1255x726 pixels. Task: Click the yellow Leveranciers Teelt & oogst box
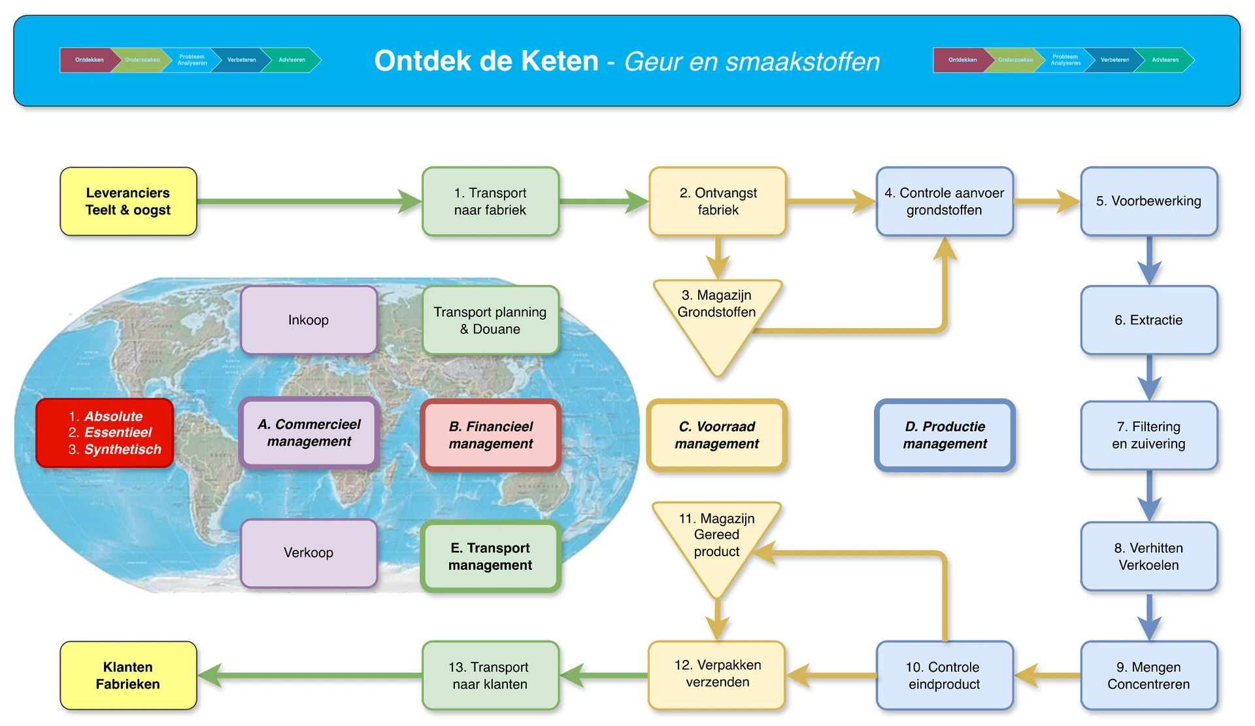128,201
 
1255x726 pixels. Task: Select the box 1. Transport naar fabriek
490,201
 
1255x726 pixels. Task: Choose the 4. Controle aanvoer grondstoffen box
945,201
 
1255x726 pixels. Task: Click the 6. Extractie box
1148,320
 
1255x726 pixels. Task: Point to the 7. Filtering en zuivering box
1148,435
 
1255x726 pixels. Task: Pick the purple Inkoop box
309,320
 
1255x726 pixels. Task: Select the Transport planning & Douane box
490,320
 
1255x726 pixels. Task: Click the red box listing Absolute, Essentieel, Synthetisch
105,433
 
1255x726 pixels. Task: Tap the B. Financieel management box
490,435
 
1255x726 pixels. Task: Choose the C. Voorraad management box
716,435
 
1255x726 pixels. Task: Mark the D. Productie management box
945,435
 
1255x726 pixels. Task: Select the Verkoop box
309,553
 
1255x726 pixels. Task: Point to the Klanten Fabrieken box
128,676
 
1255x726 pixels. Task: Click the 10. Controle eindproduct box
945,676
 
